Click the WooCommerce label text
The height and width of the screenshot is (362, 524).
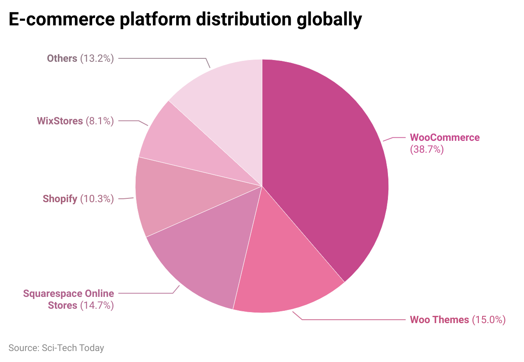tap(445, 137)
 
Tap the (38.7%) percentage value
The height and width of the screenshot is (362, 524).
tap(427, 149)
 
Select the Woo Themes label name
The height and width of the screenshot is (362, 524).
tap(439, 320)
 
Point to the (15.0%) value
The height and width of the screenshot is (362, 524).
tap(489, 320)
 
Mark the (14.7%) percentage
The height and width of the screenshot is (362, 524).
tap(97, 305)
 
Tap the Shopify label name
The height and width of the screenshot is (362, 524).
tap(60, 199)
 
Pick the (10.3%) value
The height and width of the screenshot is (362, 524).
tap(97, 199)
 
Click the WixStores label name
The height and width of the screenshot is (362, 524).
tap(60, 121)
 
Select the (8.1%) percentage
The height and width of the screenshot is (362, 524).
tap(100, 121)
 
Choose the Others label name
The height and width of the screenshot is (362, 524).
tap(62, 58)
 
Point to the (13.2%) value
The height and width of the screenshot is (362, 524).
tap(97, 58)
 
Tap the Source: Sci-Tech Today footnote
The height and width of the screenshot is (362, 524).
tap(56, 348)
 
